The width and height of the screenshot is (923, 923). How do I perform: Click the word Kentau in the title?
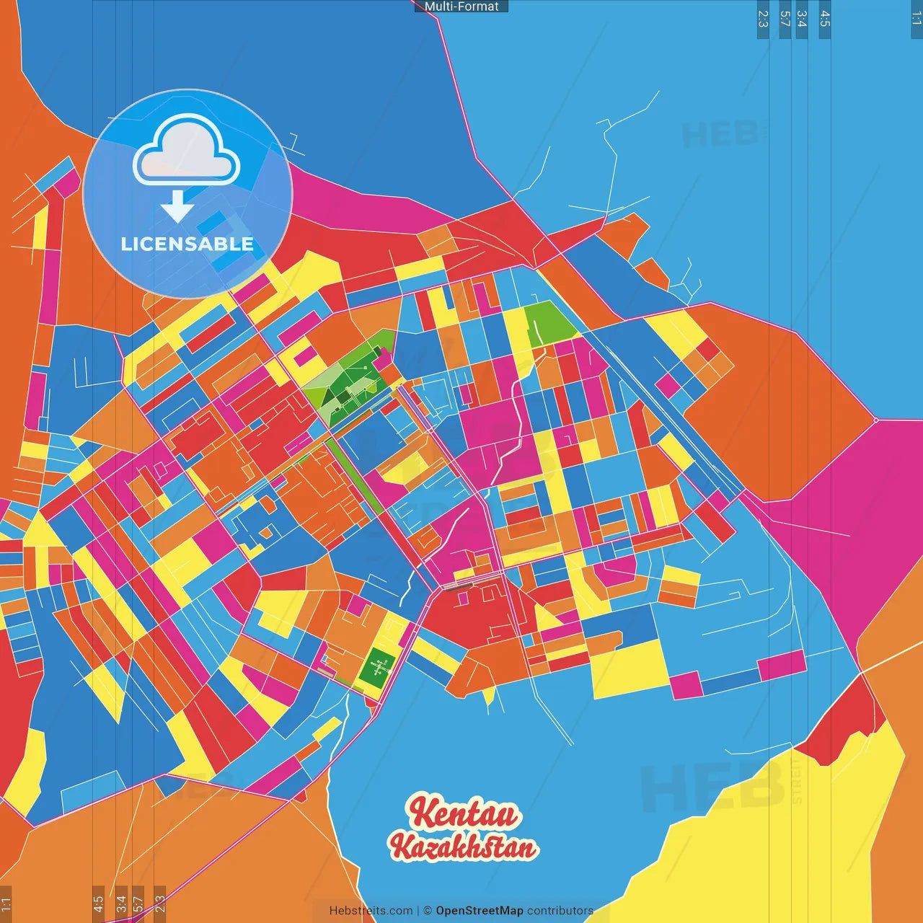click(x=464, y=813)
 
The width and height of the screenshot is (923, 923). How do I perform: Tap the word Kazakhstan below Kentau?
click(x=464, y=847)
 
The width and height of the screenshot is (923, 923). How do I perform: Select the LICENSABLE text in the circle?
click(x=187, y=244)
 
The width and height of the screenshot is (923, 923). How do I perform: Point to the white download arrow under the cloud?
click(x=177, y=206)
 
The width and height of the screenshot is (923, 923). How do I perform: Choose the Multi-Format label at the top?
click(x=461, y=6)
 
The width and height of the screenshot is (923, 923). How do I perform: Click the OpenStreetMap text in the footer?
click(x=479, y=911)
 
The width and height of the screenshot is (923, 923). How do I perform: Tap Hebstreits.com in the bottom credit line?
click(x=371, y=911)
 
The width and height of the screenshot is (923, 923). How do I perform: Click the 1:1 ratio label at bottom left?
click(x=6, y=904)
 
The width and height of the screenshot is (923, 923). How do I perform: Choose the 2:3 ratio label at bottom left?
click(x=160, y=904)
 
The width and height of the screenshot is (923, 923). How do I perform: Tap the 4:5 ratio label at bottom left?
click(x=98, y=904)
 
